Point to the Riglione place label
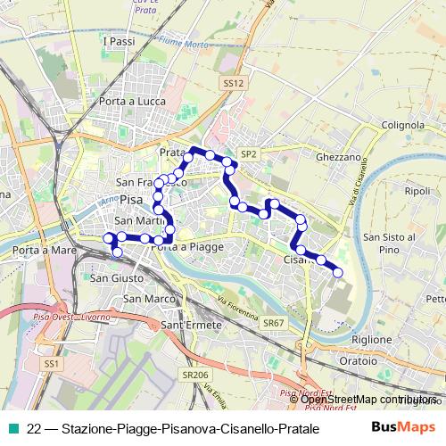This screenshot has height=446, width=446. (371, 339)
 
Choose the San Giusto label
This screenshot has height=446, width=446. (115, 277)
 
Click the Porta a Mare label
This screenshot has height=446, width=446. (37, 251)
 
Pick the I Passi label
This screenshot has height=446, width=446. (119, 42)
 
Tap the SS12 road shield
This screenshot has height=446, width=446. (233, 83)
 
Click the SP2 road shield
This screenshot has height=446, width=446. (248, 153)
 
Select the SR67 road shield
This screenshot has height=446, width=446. (274, 322)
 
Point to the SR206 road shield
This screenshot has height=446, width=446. (194, 376)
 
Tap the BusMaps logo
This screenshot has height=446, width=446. (403, 427)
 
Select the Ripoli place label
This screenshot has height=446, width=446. (417, 191)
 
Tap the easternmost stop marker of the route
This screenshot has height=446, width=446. (338, 272)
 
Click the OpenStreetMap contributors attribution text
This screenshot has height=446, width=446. (368, 400)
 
